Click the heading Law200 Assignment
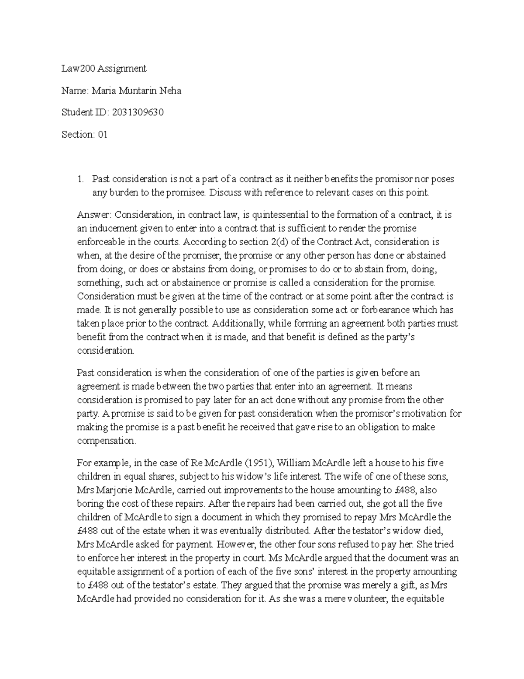[x=104, y=68]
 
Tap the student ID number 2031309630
[x=138, y=112]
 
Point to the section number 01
[x=102, y=135]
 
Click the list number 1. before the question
[x=80, y=179]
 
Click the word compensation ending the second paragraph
[x=107, y=441]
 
